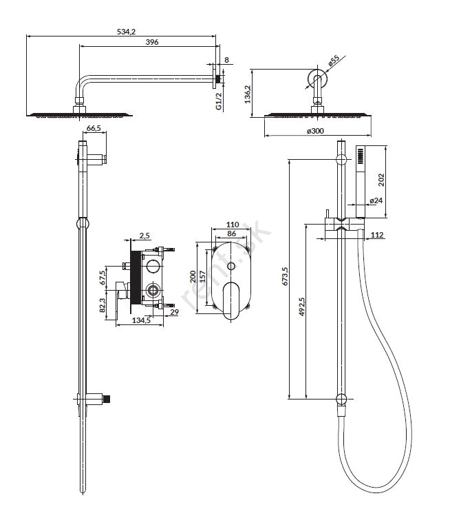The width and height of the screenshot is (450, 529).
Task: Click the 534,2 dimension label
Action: pos(122,30)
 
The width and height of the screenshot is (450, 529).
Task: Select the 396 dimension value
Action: pos(153,42)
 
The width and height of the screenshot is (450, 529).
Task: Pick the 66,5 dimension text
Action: pos(94,129)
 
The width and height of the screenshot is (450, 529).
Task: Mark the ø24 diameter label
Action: pos(376,200)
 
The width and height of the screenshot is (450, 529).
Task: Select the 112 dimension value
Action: pos(376,236)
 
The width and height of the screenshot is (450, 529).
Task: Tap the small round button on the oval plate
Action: pos(232,265)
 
